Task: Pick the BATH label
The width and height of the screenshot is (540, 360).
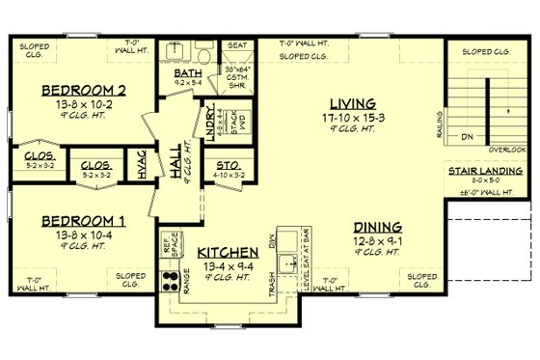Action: [x=187, y=72]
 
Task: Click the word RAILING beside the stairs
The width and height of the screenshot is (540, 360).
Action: [x=441, y=123]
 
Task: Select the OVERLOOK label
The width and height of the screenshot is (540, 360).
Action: [x=507, y=150]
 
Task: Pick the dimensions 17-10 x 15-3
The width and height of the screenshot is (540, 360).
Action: [x=342, y=117]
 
